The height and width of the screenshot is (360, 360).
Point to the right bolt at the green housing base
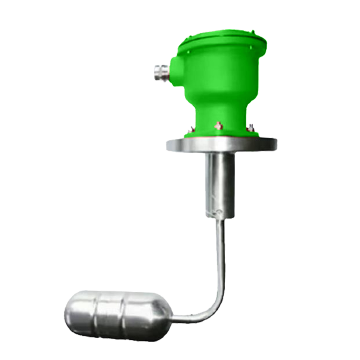tap(250, 128)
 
